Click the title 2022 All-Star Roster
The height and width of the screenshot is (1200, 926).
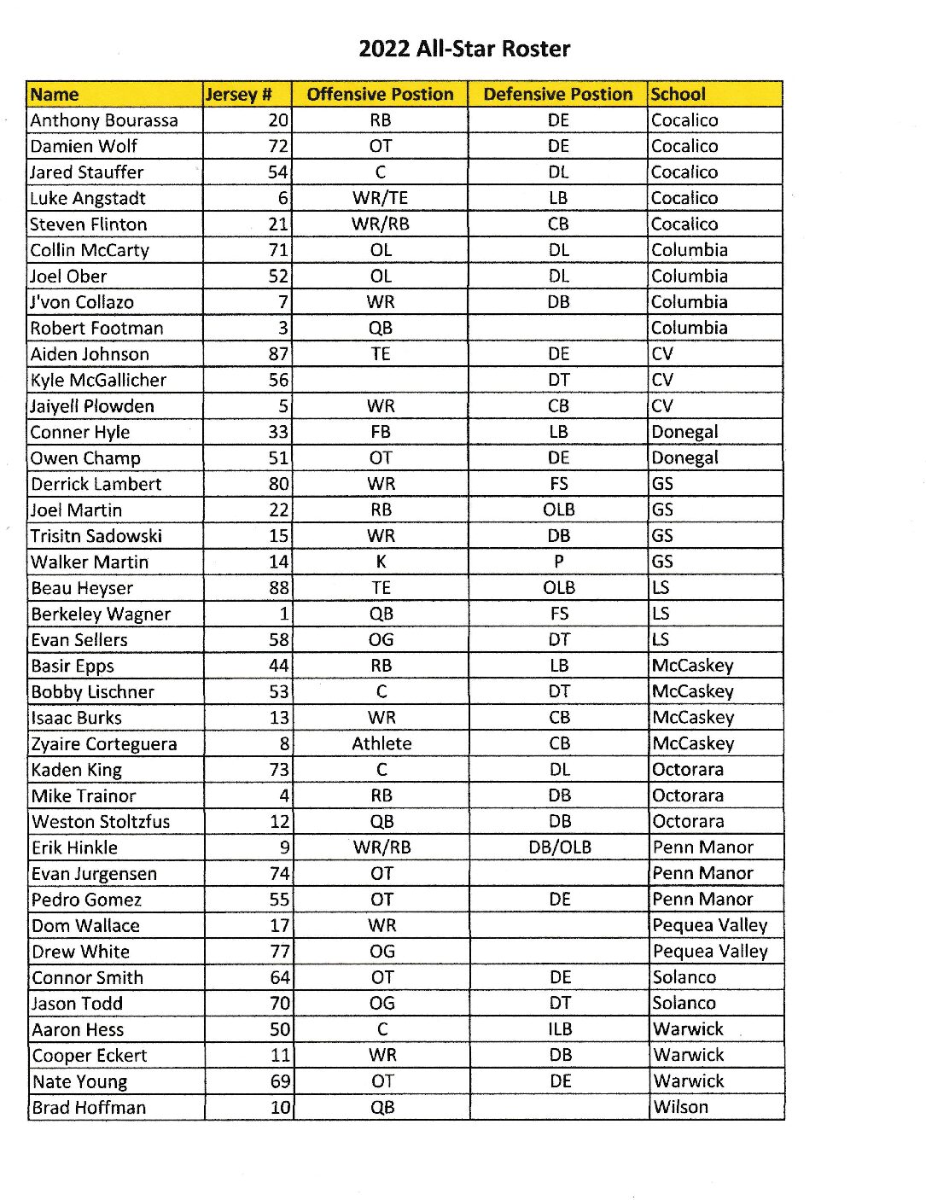[x=464, y=49]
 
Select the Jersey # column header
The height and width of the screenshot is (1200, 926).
[x=239, y=94]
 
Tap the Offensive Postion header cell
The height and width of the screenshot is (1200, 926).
[x=380, y=94]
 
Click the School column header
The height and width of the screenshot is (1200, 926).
[x=678, y=94]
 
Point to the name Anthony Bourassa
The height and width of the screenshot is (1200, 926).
[x=104, y=120]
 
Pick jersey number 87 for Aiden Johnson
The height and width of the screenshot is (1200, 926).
[x=278, y=354]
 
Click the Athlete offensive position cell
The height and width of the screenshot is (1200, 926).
[x=381, y=743]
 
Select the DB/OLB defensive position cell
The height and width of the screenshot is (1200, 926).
[x=560, y=848]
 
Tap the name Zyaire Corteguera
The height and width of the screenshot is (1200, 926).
[x=104, y=743]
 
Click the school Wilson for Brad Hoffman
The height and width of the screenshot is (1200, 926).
[x=681, y=1107]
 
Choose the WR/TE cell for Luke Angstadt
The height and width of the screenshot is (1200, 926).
[x=381, y=198]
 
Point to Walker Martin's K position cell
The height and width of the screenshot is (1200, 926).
[x=381, y=562]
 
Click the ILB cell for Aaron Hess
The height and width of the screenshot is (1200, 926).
[x=560, y=1029]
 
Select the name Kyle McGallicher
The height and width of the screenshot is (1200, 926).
[x=98, y=380]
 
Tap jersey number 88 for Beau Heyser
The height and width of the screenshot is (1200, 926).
[x=278, y=588]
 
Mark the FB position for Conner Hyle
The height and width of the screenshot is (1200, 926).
[x=381, y=432]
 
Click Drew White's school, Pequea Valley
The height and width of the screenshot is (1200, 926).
[x=710, y=951]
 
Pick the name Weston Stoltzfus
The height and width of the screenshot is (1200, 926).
[x=101, y=821]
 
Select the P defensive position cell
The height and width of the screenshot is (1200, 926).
[x=559, y=562]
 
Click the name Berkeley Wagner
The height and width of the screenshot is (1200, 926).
[x=101, y=614]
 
